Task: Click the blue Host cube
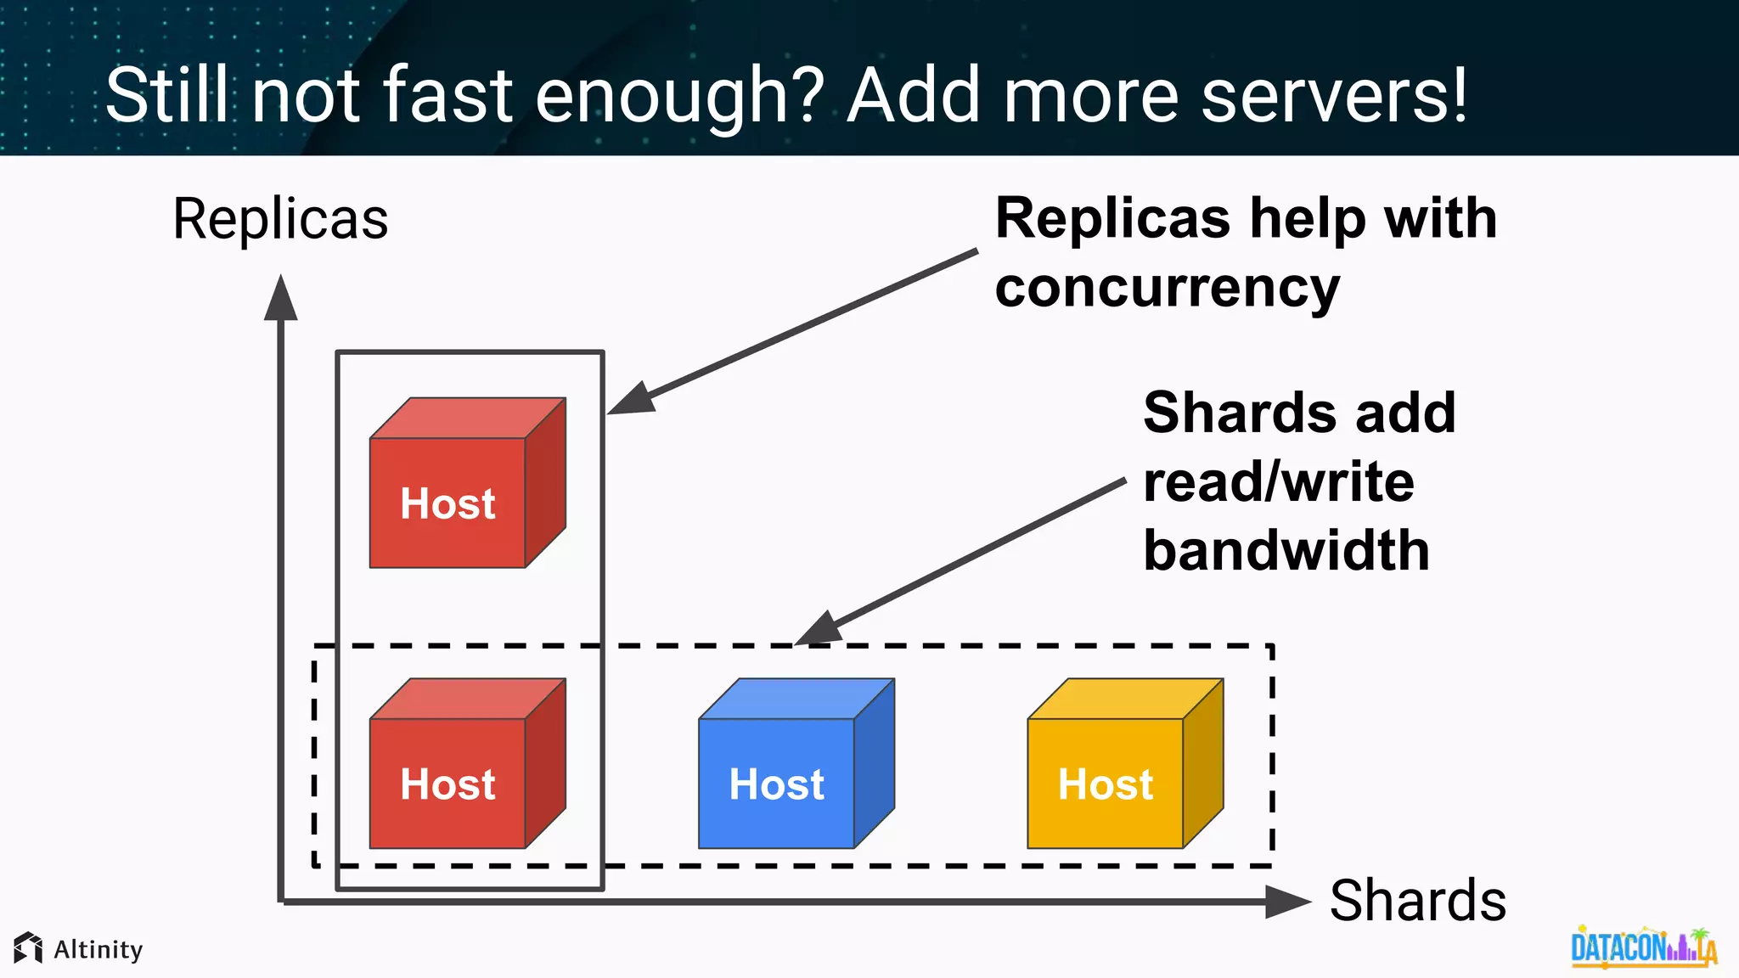(x=796, y=764)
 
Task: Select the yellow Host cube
(x=1124, y=764)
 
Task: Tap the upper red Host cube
(x=467, y=484)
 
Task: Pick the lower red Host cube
(x=467, y=764)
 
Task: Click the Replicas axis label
(x=280, y=219)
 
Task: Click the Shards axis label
(x=1417, y=901)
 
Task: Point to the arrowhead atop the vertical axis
(x=280, y=299)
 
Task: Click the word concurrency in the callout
(x=1167, y=289)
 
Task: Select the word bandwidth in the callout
(x=1286, y=551)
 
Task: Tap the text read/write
(x=1278, y=482)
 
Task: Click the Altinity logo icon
(x=28, y=948)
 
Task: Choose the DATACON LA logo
(x=1643, y=947)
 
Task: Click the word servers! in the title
(x=1334, y=95)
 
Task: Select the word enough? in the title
(x=680, y=95)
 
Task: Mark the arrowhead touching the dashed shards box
(x=819, y=630)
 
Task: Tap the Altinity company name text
(x=98, y=949)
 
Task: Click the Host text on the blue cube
(x=776, y=784)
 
